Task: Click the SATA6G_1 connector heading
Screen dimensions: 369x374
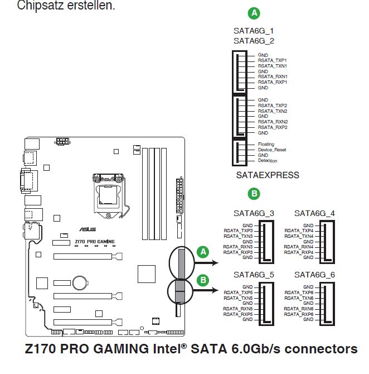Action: pyautogui.click(x=254, y=31)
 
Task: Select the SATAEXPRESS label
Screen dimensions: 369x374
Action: pyautogui.click(x=268, y=175)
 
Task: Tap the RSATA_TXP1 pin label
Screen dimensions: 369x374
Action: pyautogui.click(x=272, y=60)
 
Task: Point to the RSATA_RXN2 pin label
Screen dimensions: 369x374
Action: pyautogui.click(x=273, y=122)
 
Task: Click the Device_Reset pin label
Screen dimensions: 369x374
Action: pyautogui.click(x=272, y=150)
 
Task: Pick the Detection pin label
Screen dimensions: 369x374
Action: pyautogui.click(x=268, y=161)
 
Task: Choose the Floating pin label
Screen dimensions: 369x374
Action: pyautogui.click(x=266, y=144)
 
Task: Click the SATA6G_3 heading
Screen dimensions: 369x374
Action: pyautogui.click(x=254, y=213)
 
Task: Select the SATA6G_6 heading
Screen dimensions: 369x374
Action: pyautogui.click(x=314, y=275)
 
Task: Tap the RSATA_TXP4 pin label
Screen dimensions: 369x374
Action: pyautogui.click(x=299, y=231)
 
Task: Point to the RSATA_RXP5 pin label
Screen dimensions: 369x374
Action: pyautogui.click(x=238, y=314)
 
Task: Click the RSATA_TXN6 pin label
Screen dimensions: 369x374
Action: pyautogui.click(x=299, y=298)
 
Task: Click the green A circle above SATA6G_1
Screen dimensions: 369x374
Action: pyautogui.click(x=254, y=13)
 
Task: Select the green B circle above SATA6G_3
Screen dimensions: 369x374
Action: pyautogui.click(x=254, y=194)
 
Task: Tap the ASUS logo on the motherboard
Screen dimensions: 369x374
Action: pyautogui.click(x=88, y=229)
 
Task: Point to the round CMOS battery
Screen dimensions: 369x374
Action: pyautogui.click(x=80, y=283)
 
